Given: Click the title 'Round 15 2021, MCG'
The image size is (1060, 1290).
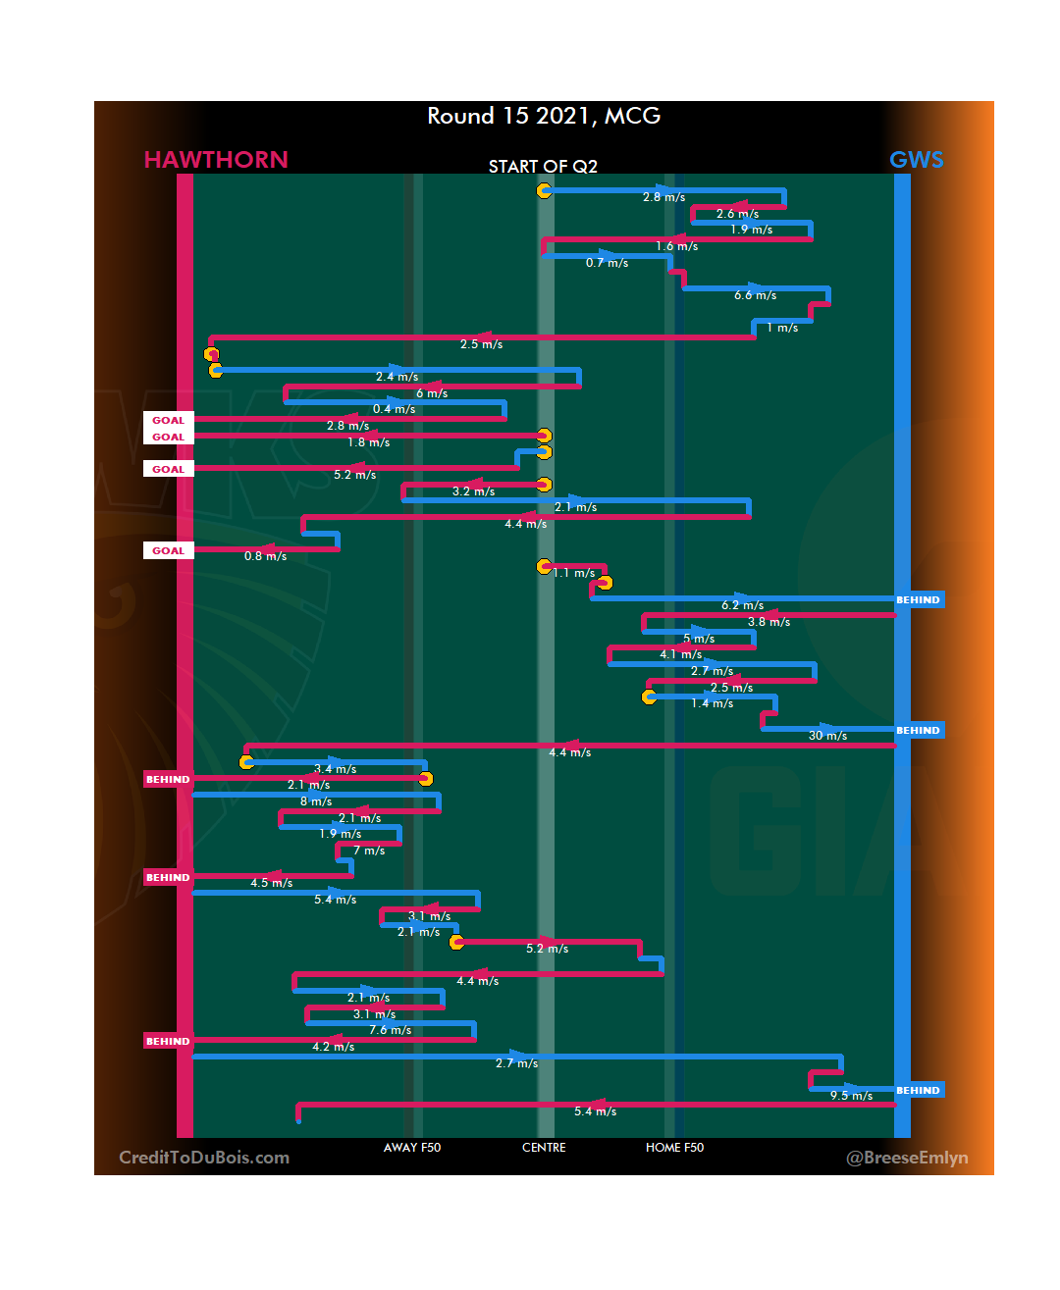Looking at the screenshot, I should click(544, 116).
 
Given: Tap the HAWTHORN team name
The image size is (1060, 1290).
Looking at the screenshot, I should click(216, 160).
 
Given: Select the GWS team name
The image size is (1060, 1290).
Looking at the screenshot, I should click(916, 160).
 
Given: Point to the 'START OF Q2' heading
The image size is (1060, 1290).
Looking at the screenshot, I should click(543, 167).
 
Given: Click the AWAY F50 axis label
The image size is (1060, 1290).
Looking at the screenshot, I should click(412, 1148).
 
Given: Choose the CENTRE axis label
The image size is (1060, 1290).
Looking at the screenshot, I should click(544, 1148).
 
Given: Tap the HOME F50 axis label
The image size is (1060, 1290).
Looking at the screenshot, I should click(674, 1148).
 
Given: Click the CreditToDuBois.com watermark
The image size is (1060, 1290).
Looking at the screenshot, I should click(204, 1158).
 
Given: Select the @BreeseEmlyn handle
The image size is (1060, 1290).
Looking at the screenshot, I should click(907, 1158).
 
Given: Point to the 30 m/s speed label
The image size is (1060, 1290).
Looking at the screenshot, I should click(827, 736).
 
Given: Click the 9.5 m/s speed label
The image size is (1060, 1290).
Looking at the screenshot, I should click(851, 1096).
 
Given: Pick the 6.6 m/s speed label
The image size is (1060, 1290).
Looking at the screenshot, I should click(755, 295).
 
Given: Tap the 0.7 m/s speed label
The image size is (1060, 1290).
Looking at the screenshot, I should click(607, 263).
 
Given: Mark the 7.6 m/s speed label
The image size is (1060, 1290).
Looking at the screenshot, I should click(390, 1030).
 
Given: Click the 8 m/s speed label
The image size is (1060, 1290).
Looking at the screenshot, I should click(316, 801).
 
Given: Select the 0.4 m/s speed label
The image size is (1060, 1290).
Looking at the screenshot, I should click(394, 409).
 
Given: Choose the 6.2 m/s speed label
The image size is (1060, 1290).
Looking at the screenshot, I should click(742, 605).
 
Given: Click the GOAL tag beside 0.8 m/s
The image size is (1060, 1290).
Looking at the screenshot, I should click(168, 550).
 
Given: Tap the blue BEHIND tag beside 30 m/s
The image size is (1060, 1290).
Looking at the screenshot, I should click(919, 730).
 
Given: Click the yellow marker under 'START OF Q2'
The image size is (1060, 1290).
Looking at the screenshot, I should click(544, 190).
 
